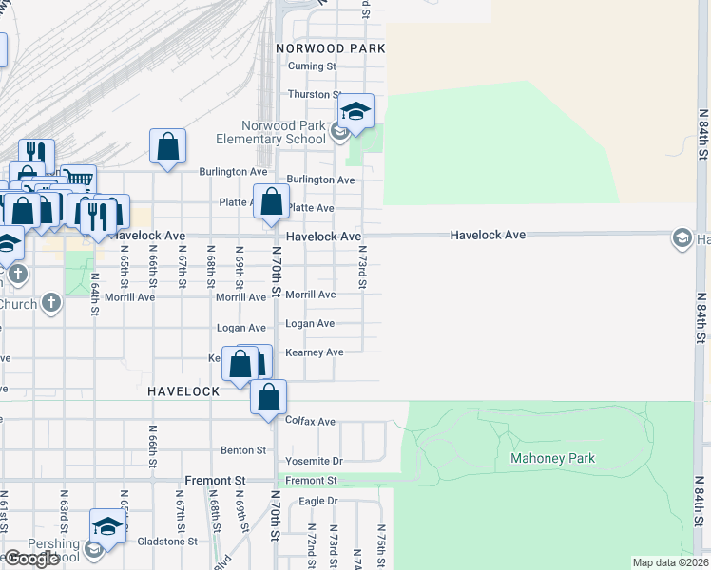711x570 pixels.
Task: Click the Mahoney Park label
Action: pos(546,458)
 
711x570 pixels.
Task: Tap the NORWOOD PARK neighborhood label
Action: pos(331,47)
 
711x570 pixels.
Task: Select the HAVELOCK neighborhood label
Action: pos(183,390)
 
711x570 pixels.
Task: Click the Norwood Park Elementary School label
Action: pos(285,133)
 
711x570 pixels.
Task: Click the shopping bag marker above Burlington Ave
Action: pos(167,147)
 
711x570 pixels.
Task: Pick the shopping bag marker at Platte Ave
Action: pos(271,201)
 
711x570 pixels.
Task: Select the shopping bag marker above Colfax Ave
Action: pos(269,397)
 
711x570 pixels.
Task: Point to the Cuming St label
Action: pos(313,66)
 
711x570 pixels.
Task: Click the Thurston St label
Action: pos(315,95)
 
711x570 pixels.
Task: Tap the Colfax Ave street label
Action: pos(311,421)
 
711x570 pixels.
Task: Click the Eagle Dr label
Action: pos(318,501)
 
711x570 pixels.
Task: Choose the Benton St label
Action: pos(243,449)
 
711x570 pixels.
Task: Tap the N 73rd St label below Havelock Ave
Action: pos(362,267)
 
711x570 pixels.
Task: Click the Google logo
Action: pos(31,559)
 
